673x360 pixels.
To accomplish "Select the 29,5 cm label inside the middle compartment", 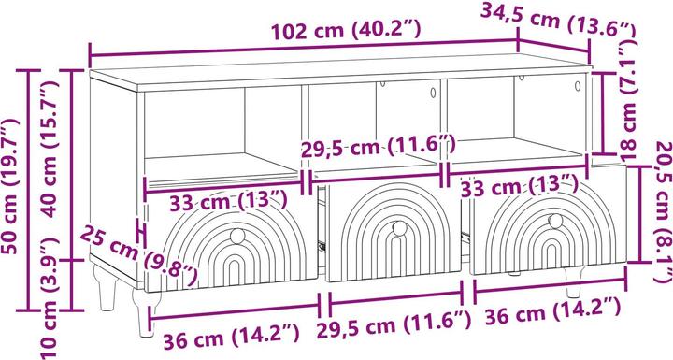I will [379, 147].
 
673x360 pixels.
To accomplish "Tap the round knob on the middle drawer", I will [398, 228].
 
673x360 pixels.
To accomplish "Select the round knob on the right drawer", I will [554, 222].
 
